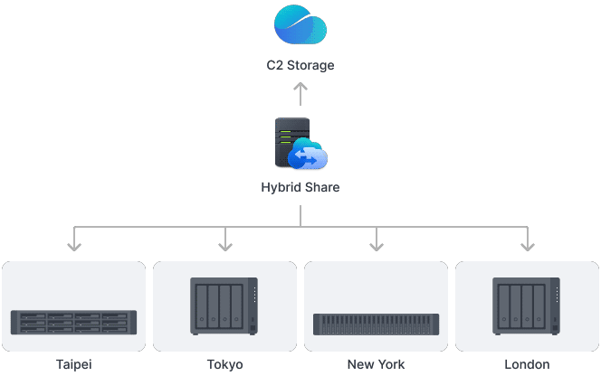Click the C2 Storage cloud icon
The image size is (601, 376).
300,24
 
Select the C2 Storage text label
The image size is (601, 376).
300,65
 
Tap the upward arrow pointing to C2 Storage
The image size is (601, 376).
300,94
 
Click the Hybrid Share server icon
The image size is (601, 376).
300,143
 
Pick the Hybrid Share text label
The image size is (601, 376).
300,187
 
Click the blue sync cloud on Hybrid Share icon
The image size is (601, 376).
308,154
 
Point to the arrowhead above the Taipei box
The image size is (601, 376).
74,247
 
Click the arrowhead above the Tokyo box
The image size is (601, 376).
225,247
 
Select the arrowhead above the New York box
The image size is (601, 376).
377,247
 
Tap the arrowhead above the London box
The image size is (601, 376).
528,247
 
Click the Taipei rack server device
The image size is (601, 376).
73,322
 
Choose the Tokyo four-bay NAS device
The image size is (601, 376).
224,306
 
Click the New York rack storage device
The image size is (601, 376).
376,324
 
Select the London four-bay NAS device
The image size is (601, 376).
526,306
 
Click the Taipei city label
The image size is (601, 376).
74,364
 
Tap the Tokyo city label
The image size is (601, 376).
225,364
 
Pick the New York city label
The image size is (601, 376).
376,364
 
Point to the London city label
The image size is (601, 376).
527,364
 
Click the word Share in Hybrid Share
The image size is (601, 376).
320,187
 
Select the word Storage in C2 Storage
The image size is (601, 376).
310,65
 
